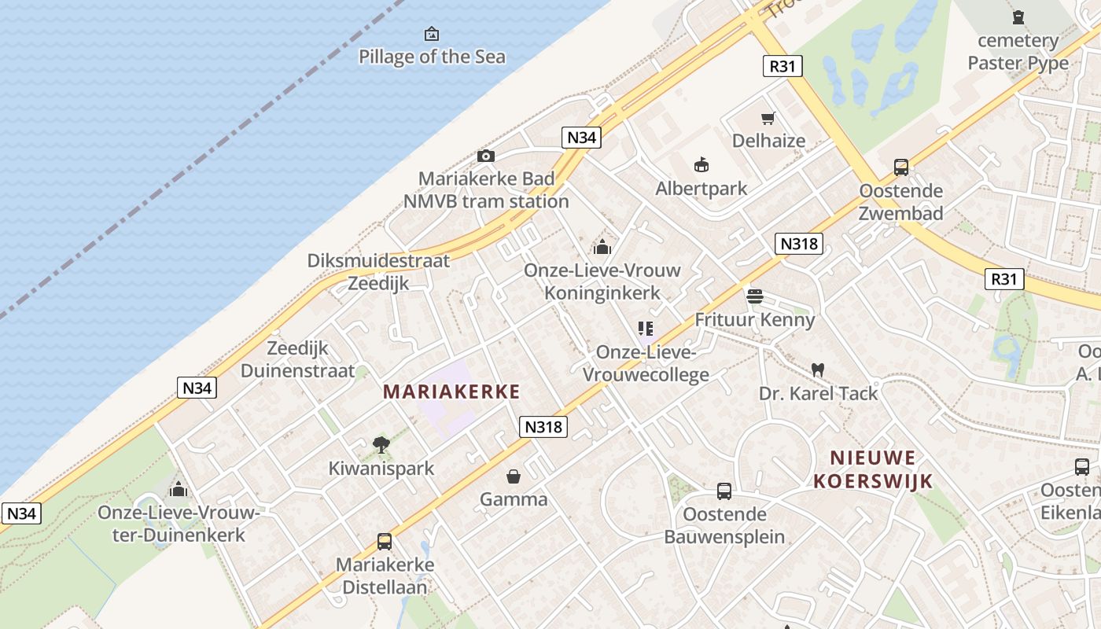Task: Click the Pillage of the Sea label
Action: pyautogui.click(x=432, y=57)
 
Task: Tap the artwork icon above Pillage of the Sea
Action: pyautogui.click(x=432, y=34)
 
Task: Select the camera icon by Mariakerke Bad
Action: pyautogui.click(x=486, y=156)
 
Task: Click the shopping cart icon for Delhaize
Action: pyautogui.click(x=768, y=119)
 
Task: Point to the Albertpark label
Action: pyautogui.click(x=701, y=189)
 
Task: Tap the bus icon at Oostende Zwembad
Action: pyautogui.click(x=901, y=167)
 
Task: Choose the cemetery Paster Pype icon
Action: pyautogui.click(x=1018, y=17)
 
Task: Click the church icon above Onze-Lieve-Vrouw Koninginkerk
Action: pyautogui.click(x=602, y=247)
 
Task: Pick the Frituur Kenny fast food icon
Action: pyautogui.click(x=754, y=296)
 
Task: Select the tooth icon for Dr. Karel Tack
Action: pyautogui.click(x=818, y=369)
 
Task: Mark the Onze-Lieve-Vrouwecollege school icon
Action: pyautogui.click(x=646, y=329)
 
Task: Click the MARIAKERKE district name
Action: pyautogui.click(x=451, y=392)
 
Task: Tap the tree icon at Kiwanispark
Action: pyautogui.click(x=381, y=445)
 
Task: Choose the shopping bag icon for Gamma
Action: pyautogui.click(x=514, y=476)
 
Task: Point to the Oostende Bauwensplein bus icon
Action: pyautogui.click(x=724, y=491)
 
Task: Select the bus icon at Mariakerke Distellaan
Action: pyautogui.click(x=385, y=541)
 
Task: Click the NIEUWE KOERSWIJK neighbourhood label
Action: pyautogui.click(x=873, y=469)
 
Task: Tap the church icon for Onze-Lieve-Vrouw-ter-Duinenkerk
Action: pyautogui.click(x=179, y=489)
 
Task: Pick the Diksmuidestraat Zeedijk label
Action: pyautogui.click(x=378, y=272)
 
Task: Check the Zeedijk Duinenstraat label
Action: pyautogui.click(x=297, y=359)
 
